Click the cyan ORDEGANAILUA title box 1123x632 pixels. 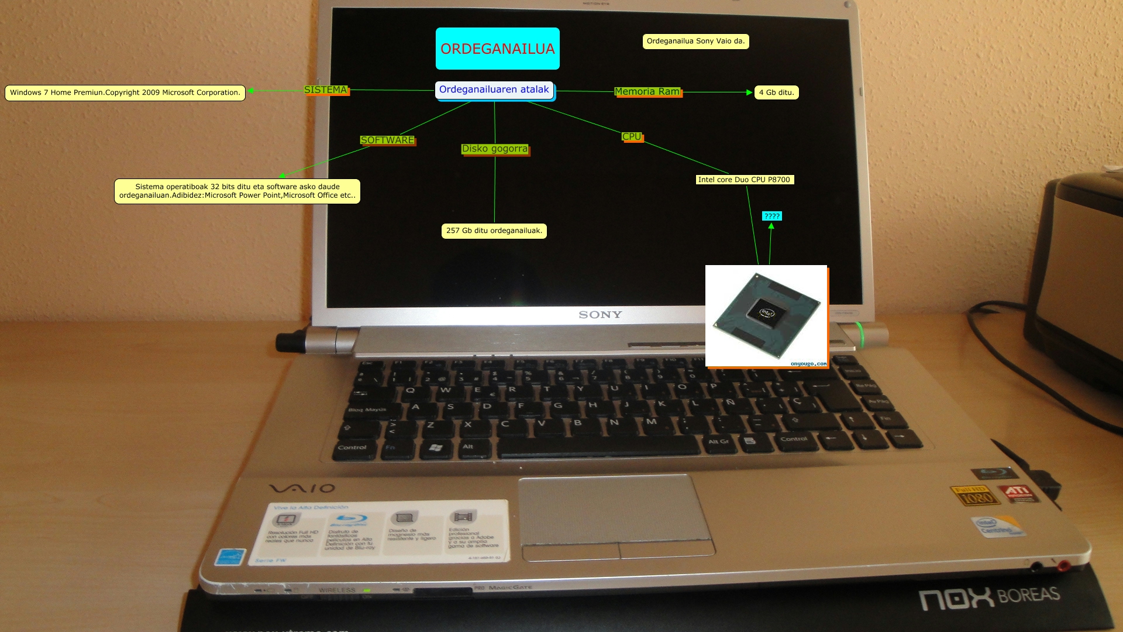click(x=497, y=49)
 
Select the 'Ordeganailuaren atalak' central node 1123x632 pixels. click(x=494, y=90)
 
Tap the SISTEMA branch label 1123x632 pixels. click(x=326, y=90)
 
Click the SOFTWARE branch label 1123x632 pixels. click(x=387, y=140)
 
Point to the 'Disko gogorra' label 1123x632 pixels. click(x=495, y=149)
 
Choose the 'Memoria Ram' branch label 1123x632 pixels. click(x=647, y=92)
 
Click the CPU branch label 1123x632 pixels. click(x=632, y=136)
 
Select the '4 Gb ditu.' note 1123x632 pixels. click(x=776, y=92)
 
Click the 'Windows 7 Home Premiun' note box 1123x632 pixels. click(x=125, y=92)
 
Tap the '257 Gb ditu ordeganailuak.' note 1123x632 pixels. click(x=494, y=231)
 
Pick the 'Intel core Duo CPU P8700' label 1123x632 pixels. click(x=744, y=180)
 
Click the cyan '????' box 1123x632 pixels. click(x=771, y=216)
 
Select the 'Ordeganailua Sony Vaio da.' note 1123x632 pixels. click(x=695, y=41)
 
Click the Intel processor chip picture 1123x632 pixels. click(x=766, y=315)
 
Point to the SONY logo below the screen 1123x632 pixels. click(x=600, y=315)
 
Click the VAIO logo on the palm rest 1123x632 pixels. click(x=302, y=488)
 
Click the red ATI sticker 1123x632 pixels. click(x=1018, y=492)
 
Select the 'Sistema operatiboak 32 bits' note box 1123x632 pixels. click(x=237, y=191)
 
